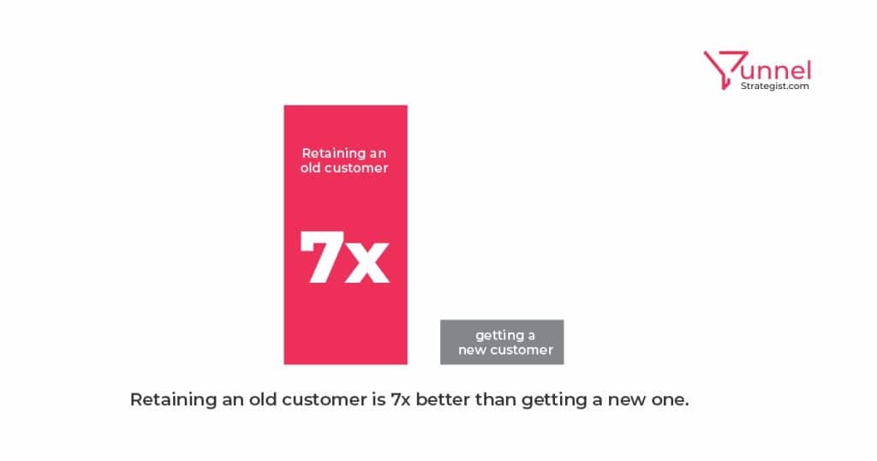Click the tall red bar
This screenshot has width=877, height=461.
[346, 235]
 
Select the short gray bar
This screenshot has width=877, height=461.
[502, 343]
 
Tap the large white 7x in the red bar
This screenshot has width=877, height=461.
[344, 257]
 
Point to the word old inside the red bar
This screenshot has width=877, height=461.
[310, 168]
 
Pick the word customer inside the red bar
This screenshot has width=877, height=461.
[356, 169]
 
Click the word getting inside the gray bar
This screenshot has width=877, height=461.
[495, 336]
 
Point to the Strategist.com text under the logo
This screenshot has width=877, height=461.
[774, 87]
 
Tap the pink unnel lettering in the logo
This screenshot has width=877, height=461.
[778, 71]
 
